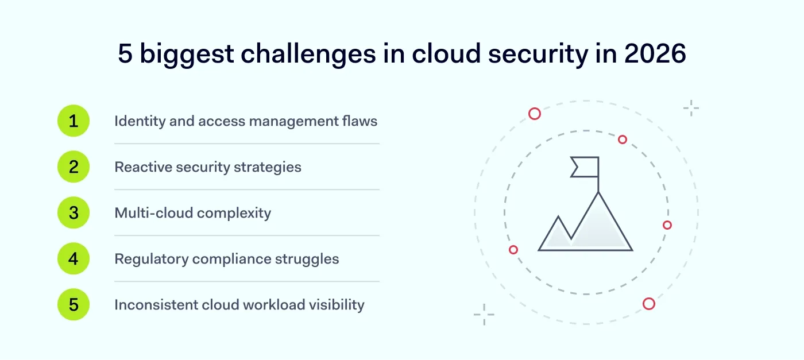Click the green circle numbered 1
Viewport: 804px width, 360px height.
tap(74, 121)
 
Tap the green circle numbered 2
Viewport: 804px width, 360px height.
tap(74, 167)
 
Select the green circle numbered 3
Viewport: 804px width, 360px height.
tap(74, 213)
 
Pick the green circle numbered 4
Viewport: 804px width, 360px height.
tap(74, 259)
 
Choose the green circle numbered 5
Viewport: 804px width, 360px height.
tap(74, 304)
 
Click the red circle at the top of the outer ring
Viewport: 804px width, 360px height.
tap(535, 114)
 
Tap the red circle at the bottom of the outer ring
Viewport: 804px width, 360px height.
tap(649, 304)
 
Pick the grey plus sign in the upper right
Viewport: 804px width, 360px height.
tap(691, 108)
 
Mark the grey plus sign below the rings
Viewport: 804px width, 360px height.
tap(484, 315)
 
